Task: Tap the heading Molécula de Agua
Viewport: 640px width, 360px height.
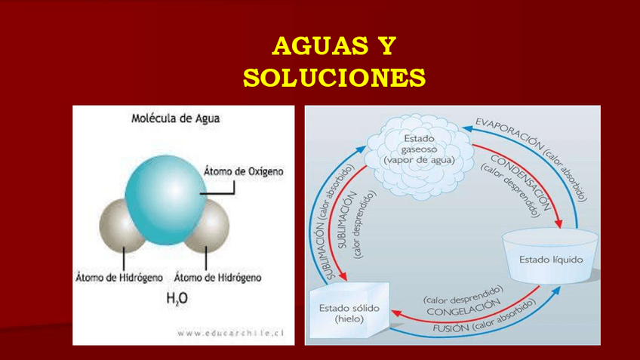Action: (176, 118)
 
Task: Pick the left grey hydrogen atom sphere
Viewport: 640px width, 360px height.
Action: (122, 226)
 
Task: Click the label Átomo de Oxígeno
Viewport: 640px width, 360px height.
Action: (244, 172)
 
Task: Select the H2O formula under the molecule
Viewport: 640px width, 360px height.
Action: (176, 299)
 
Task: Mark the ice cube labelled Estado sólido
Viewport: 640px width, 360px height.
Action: (349, 312)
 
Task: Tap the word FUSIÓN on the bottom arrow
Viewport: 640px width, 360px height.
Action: (451, 328)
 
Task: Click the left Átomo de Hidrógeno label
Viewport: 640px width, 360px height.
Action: (118, 277)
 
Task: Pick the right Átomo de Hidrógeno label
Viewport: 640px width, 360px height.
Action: (217, 277)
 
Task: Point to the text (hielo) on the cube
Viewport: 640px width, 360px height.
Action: (349, 318)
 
